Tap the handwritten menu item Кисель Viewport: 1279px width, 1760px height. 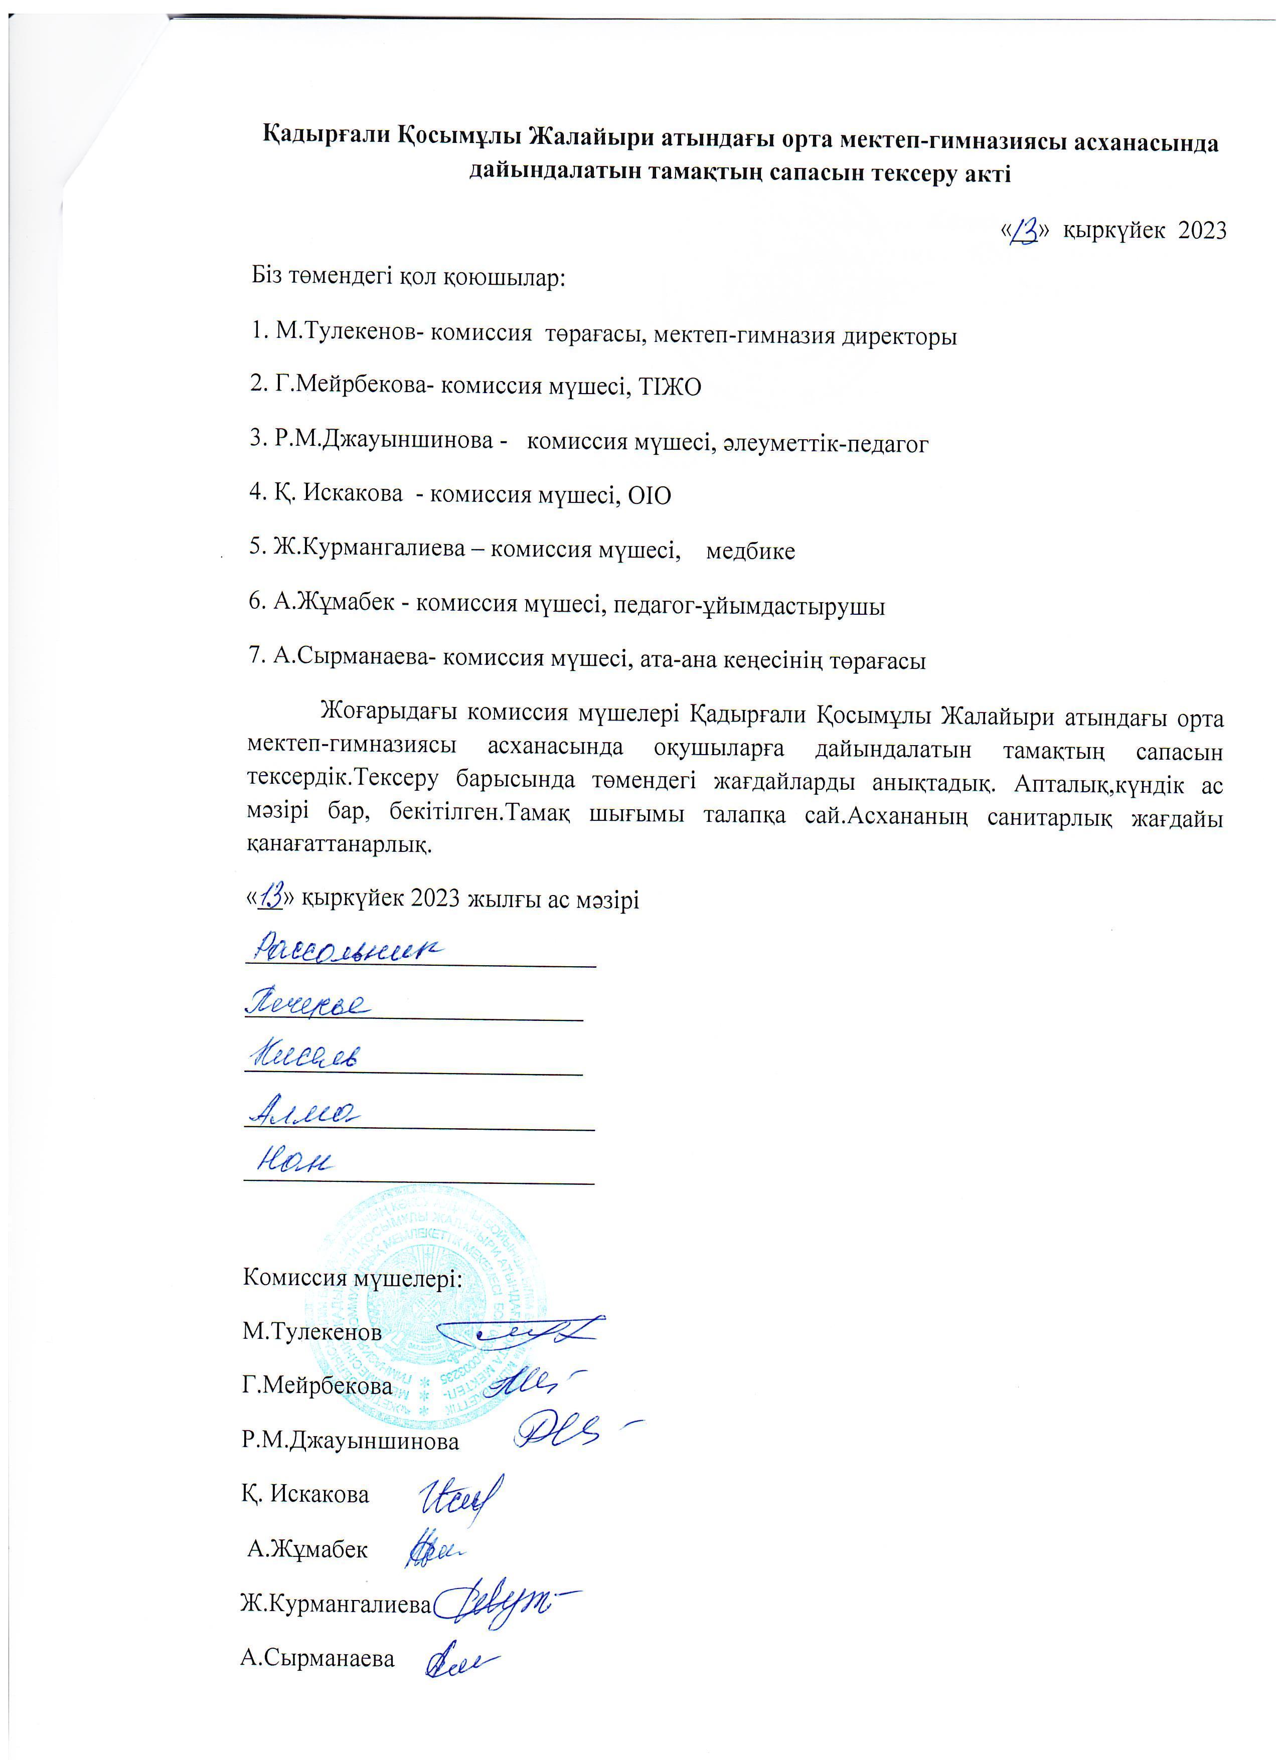[x=305, y=1055]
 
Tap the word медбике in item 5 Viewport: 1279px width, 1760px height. [x=750, y=551]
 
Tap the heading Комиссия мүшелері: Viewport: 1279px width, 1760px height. [x=352, y=1277]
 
